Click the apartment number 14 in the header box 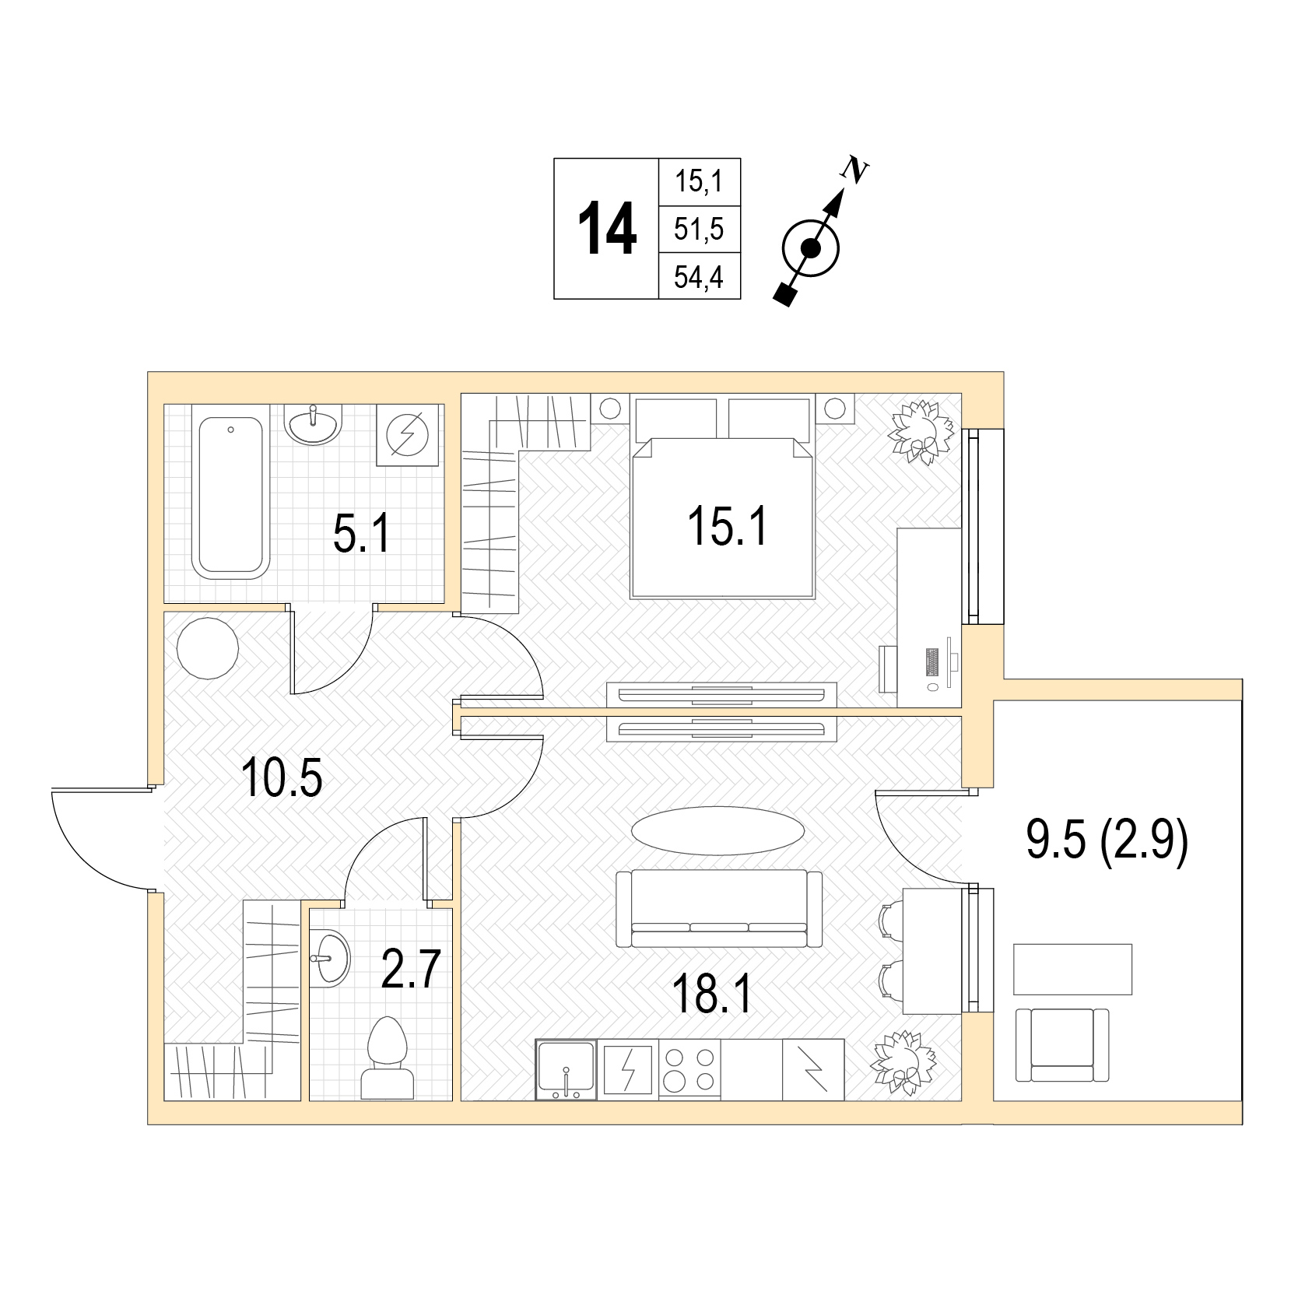(606, 229)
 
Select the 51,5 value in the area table (699, 230)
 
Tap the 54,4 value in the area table (699, 277)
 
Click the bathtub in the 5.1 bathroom (230, 497)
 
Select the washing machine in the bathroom (405, 434)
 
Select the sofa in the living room (718, 908)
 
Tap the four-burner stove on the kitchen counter (689, 1070)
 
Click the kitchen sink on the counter (566, 1070)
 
